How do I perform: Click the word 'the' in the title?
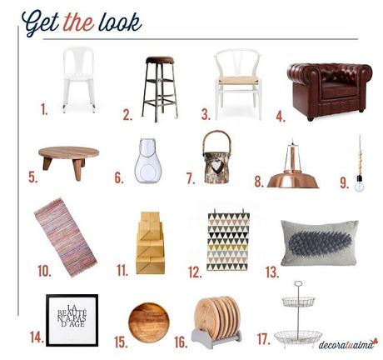(79, 22)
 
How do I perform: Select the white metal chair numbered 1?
(79, 80)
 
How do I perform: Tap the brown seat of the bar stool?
(160, 60)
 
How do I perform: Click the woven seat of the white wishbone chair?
(238, 81)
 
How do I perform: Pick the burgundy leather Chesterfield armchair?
(330, 91)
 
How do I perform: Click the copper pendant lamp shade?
(293, 180)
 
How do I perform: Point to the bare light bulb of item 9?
(359, 185)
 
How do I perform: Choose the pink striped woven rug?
(66, 237)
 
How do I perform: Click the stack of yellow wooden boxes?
(150, 243)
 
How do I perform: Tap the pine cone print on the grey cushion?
(321, 243)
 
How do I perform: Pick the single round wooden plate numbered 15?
(149, 322)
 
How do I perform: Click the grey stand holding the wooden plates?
(216, 337)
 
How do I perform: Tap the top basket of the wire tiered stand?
(299, 302)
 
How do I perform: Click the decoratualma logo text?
(347, 344)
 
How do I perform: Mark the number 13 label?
(272, 272)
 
